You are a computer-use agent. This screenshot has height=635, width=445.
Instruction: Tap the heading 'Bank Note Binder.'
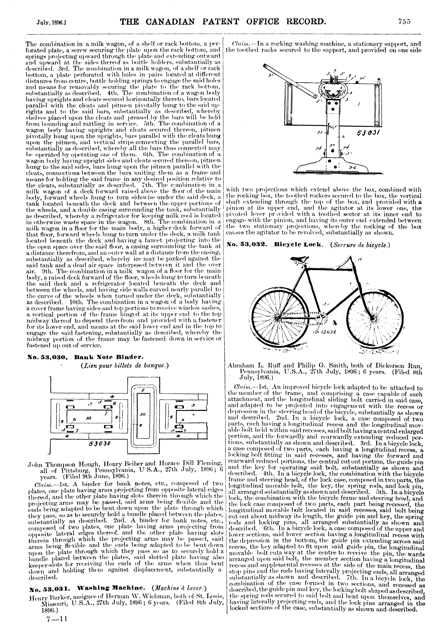[x=110, y=357]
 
